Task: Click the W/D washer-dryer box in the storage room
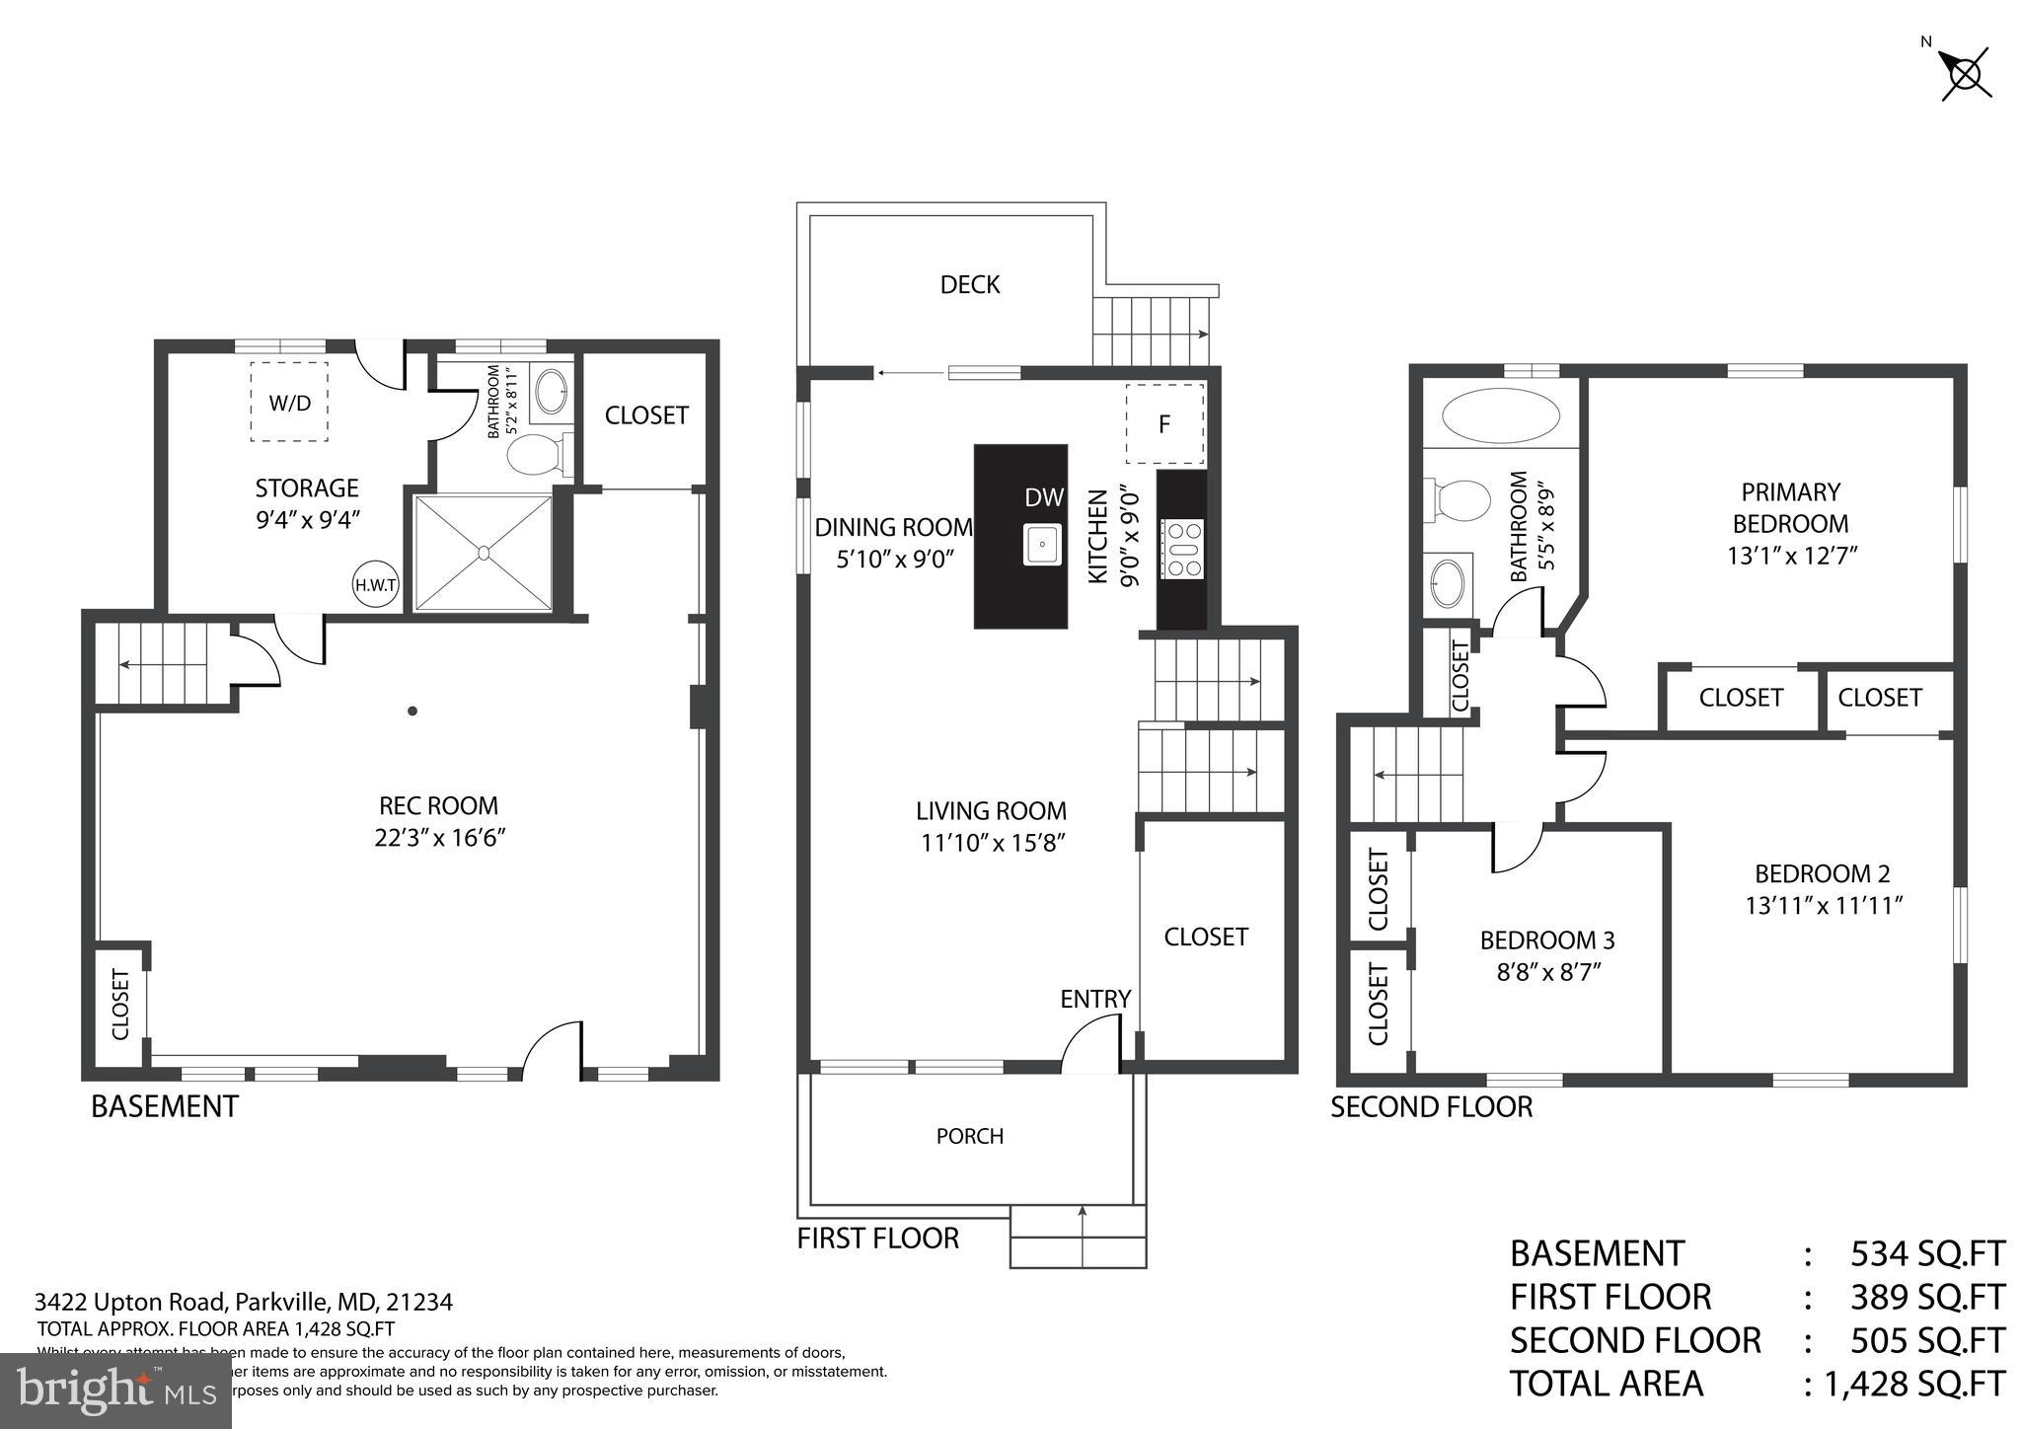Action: pos(289,402)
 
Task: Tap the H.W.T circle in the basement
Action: pos(376,584)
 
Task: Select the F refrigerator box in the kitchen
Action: pos(1164,424)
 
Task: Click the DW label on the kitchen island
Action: pos(1043,497)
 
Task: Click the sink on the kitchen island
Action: pos(1042,545)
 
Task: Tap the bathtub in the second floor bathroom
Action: pos(1500,415)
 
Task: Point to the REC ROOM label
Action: pos(439,805)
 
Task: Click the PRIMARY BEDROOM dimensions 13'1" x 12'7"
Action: pos(1791,556)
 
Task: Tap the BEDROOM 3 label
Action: pos(1546,940)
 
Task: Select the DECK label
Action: pos(970,285)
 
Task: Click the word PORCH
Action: pos(970,1136)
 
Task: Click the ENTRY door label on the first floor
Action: pos(1094,999)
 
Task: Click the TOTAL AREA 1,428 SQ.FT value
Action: pos(1913,1384)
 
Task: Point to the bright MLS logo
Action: pos(116,1391)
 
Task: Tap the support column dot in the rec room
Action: pos(412,711)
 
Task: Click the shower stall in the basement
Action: pos(484,553)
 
